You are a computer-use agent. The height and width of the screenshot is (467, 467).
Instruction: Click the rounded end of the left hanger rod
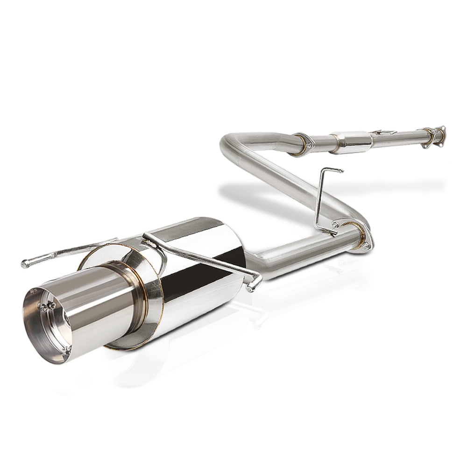click(24, 264)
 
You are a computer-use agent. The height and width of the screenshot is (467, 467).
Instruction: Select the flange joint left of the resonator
click(299, 143)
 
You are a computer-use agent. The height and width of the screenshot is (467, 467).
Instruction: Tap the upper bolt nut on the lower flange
click(334, 226)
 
